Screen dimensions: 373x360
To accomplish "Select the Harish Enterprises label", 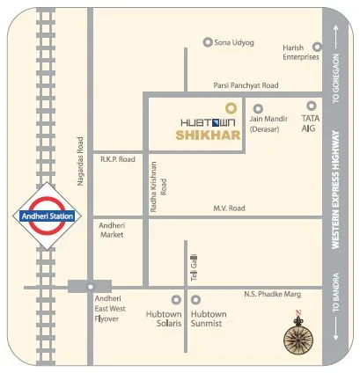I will click(x=298, y=53).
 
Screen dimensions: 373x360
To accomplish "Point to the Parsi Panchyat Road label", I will click(x=245, y=85).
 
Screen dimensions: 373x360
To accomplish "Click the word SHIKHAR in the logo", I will click(x=207, y=136).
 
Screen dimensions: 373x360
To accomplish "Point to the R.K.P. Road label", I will click(x=117, y=159).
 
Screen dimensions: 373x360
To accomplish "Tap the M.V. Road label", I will click(x=227, y=208).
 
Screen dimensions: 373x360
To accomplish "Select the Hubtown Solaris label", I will click(x=165, y=318).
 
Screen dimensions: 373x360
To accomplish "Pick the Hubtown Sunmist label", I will click(x=209, y=318).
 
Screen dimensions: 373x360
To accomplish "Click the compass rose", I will click(x=298, y=335).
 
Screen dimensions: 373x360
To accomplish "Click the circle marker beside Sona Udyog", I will click(x=208, y=41).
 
